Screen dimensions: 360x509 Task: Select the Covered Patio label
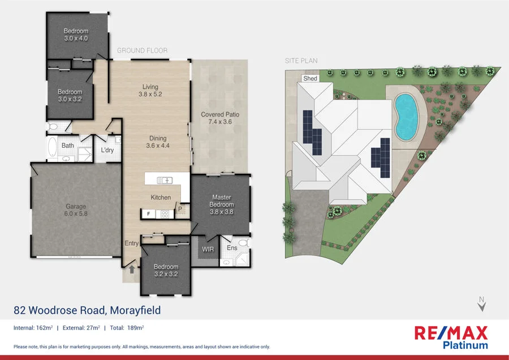point(220,114)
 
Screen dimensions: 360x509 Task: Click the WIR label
point(208,248)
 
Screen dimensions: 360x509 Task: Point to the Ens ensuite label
point(232,247)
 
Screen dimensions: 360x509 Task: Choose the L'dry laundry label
point(107,150)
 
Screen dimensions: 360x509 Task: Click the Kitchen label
point(161,198)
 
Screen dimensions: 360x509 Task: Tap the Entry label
point(131,243)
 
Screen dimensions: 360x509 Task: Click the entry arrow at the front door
point(131,269)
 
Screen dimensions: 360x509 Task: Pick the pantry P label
point(180,209)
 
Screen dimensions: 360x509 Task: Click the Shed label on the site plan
point(310,79)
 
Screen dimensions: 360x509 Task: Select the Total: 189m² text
point(127,328)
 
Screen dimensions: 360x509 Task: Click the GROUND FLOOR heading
point(142,50)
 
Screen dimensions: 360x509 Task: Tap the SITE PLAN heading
point(301,60)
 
